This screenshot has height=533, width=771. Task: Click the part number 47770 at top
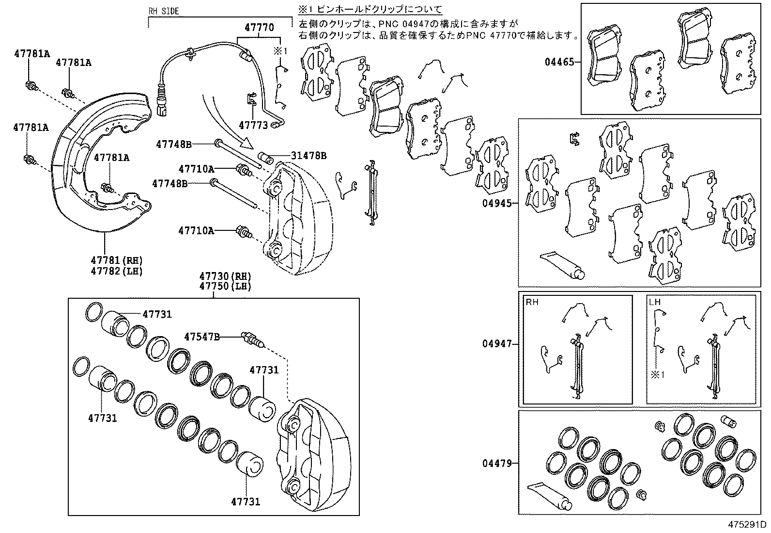pos(259,28)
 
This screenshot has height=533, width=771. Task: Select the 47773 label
pos(253,126)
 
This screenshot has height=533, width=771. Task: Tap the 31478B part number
pos(308,156)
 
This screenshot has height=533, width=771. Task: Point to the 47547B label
pos(201,336)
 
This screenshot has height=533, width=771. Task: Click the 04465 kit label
pos(559,62)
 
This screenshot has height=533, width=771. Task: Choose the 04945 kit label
pos(496,203)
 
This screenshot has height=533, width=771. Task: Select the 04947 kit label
pos(496,344)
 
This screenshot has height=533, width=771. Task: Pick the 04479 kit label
pos(496,463)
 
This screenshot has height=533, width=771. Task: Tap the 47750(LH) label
pos(225,286)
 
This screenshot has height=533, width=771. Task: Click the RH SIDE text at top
pos(163,11)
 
